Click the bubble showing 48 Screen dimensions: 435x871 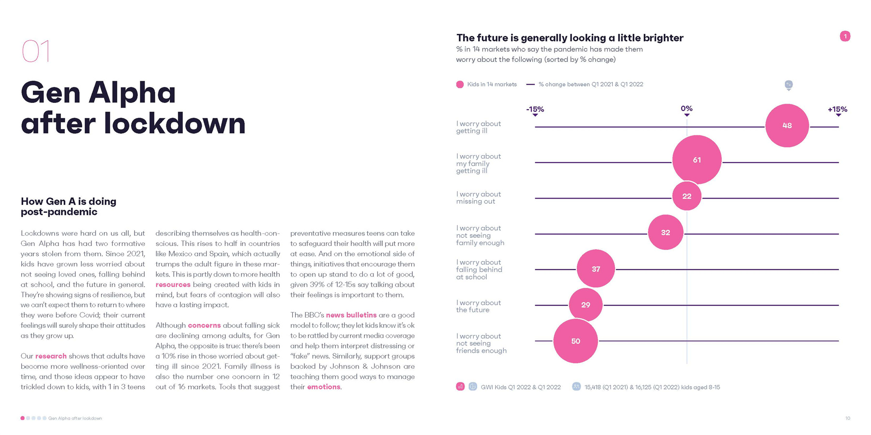[x=787, y=126]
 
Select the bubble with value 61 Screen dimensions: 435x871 [x=697, y=160]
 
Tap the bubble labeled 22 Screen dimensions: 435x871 [x=687, y=196]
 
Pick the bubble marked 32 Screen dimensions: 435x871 [x=665, y=232]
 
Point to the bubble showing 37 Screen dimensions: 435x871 [x=596, y=269]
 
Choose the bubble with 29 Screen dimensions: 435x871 [x=586, y=305]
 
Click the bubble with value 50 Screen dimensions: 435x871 [x=575, y=341]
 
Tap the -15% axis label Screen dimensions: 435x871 [x=535, y=110]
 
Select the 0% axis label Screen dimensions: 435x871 [x=686, y=109]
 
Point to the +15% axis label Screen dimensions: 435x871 [x=837, y=110]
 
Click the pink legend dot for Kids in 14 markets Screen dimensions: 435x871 [x=460, y=85]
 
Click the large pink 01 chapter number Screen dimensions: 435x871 [x=36, y=51]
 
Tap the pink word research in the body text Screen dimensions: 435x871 [x=51, y=356]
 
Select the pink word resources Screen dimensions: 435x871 [x=173, y=285]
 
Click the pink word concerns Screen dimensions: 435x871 [x=204, y=325]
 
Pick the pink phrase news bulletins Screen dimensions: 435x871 [x=351, y=315]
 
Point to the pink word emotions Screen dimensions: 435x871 [x=323, y=387]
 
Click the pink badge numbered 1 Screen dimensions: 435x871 [x=845, y=36]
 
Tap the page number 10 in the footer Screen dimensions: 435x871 [x=847, y=419]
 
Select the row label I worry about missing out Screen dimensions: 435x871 [x=478, y=198]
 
